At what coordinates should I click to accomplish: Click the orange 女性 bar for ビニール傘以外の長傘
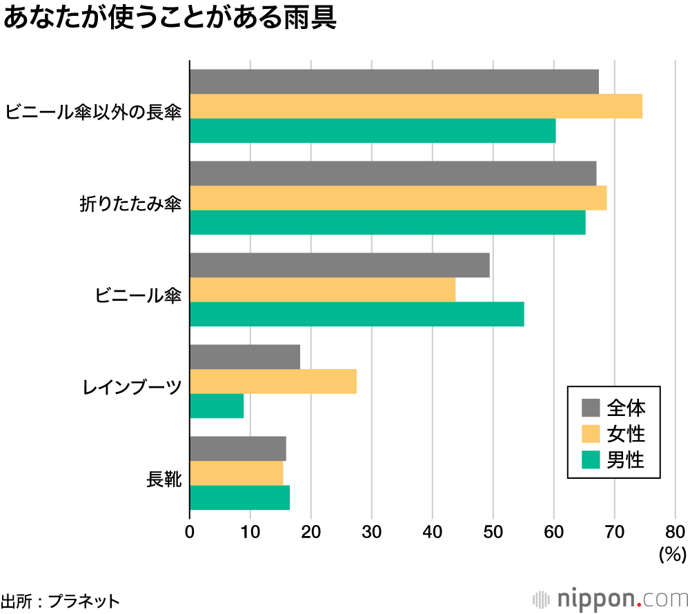[x=416, y=106]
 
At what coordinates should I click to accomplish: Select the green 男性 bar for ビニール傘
[x=357, y=314]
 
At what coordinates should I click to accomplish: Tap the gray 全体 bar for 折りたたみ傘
[x=393, y=173]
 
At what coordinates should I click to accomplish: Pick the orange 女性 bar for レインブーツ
[x=273, y=381]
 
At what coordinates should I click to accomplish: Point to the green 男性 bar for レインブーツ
[x=217, y=406]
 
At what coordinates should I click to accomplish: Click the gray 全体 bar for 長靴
[x=238, y=448]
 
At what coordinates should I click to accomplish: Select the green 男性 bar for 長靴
[x=239, y=497]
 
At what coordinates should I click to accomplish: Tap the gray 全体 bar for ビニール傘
[x=339, y=265]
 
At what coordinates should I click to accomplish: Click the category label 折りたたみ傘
[x=130, y=204]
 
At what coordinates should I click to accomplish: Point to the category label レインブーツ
[x=132, y=387]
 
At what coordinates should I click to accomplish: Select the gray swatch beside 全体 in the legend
[x=591, y=407]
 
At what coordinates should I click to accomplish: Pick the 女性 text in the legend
[x=626, y=433]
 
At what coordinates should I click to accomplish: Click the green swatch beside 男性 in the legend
[x=591, y=459]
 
